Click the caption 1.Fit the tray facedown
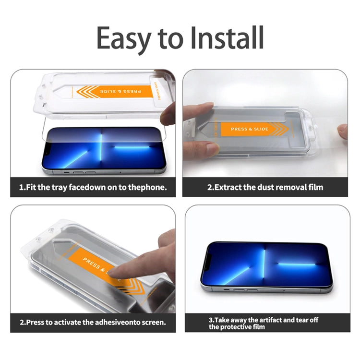93,187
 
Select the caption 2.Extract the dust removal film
265,187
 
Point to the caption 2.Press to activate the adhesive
93,322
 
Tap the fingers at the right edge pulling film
342,131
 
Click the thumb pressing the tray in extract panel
199,112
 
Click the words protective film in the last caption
236,327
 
